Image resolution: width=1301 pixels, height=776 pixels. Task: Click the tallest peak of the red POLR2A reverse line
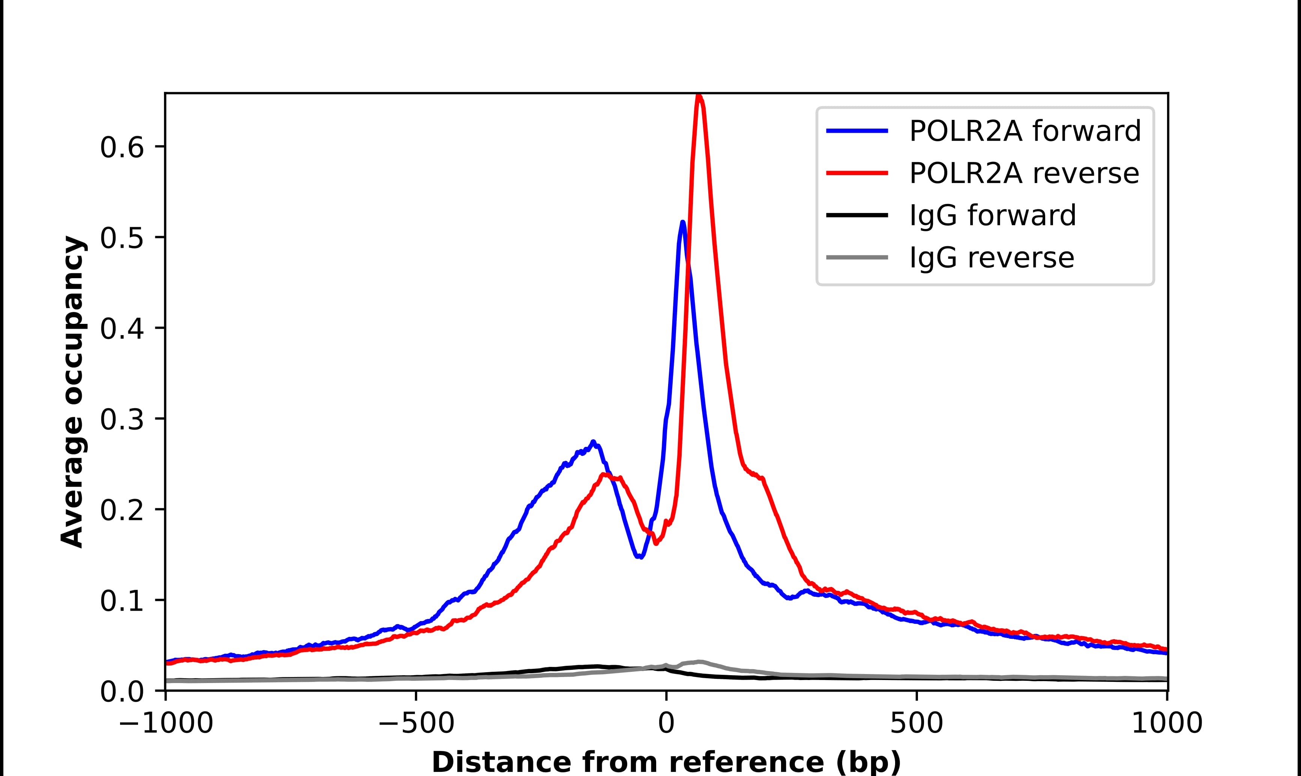[x=699, y=96]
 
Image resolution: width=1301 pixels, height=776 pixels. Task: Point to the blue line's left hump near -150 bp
[x=593, y=442]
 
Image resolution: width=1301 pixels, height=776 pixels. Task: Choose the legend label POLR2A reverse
[x=1024, y=173]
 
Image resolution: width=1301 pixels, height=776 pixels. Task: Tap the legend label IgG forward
[x=992, y=216]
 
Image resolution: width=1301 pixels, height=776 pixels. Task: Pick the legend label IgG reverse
[x=991, y=258]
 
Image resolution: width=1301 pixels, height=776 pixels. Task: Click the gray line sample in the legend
[x=857, y=257]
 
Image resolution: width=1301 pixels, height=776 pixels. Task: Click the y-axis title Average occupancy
[x=72, y=392]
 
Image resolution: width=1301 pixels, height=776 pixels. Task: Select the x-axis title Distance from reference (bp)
[x=666, y=761]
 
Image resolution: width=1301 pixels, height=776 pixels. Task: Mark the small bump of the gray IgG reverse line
[x=699, y=662]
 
